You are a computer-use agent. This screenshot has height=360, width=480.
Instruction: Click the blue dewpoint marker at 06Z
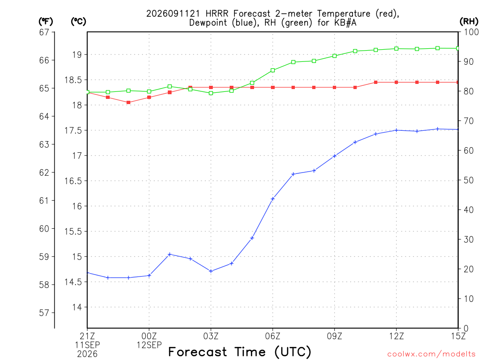click(x=273, y=199)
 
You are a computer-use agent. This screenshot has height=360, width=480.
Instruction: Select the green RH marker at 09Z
click(x=335, y=56)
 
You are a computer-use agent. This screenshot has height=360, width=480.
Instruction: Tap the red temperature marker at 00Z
click(x=149, y=97)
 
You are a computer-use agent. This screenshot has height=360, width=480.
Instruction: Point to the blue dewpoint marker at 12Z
click(x=397, y=130)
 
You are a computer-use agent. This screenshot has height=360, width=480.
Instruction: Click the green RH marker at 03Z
click(x=211, y=93)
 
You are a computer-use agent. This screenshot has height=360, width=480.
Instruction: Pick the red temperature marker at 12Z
click(x=397, y=82)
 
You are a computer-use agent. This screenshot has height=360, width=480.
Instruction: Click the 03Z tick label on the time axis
click(x=211, y=336)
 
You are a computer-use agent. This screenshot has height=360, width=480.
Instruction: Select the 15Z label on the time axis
click(x=458, y=336)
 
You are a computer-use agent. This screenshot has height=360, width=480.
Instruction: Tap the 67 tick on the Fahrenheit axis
click(x=44, y=32)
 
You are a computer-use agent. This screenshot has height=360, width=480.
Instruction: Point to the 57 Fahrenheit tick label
click(x=44, y=313)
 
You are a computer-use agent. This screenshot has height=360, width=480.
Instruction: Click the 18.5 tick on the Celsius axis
click(x=74, y=80)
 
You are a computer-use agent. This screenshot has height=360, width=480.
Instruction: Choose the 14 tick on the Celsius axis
click(x=77, y=307)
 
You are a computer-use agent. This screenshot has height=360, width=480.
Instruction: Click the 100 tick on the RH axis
click(x=472, y=32)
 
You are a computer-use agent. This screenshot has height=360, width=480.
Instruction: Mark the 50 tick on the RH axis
click(x=468, y=180)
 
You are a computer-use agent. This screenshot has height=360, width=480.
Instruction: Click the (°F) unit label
click(x=45, y=22)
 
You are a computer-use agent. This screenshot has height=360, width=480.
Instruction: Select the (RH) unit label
click(x=469, y=22)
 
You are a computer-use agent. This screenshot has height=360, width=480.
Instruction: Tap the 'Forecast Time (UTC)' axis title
click(x=240, y=352)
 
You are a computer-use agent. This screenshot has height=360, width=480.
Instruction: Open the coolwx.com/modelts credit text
click(x=431, y=354)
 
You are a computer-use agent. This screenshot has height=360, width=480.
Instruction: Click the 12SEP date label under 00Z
click(x=149, y=345)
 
